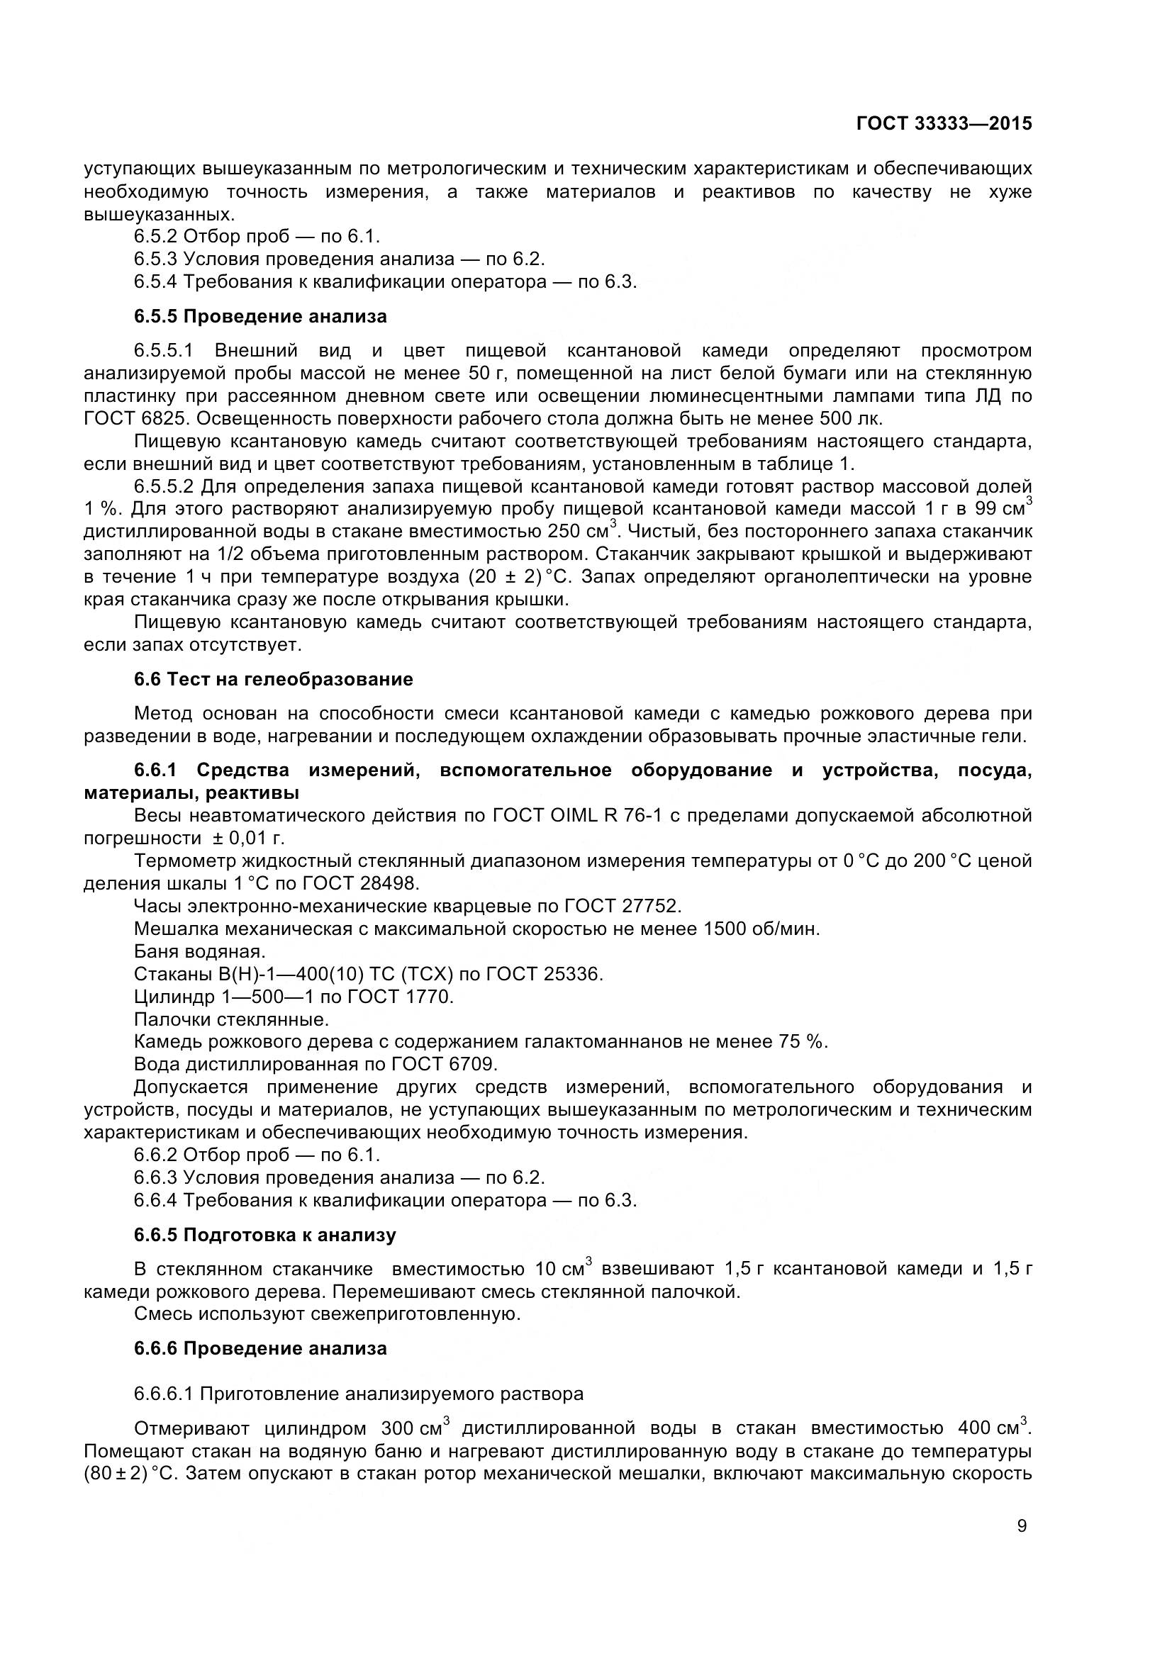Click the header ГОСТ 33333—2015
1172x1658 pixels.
click(x=943, y=123)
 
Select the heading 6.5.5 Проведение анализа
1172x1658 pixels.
click(x=260, y=316)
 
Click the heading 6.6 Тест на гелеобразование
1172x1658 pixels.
click(x=273, y=679)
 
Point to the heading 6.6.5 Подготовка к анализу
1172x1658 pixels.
click(x=265, y=1235)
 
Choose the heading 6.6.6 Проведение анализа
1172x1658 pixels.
click(x=260, y=1348)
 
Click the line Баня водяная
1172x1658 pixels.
click(x=199, y=952)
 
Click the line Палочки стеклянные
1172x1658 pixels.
click(x=231, y=1019)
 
